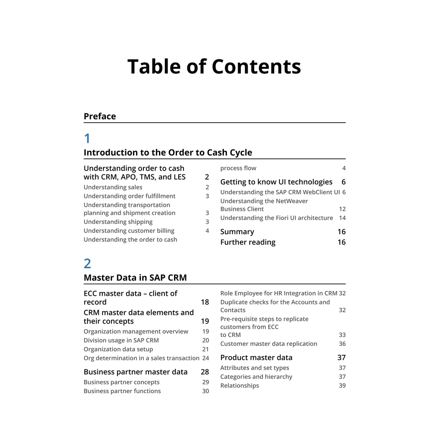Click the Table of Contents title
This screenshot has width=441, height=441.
click(214, 67)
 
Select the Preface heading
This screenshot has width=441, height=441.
click(99, 116)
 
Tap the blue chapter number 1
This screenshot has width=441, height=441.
click(87, 139)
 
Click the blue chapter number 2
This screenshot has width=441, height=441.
click(87, 264)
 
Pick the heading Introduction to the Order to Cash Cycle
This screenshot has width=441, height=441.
click(168, 152)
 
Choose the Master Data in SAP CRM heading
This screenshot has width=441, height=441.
click(135, 278)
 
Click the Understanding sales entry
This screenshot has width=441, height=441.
click(113, 187)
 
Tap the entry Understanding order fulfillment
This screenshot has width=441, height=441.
click(129, 196)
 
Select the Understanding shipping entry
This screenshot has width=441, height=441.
click(118, 222)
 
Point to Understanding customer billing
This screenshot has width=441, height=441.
click(129, 231)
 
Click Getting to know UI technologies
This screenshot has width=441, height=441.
click(276, 182)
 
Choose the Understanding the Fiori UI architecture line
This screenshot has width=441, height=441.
click(276, 218)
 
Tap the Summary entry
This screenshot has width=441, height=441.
click(237, 232)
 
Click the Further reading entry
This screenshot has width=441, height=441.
click(248, 242)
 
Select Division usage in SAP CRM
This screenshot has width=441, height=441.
click(121, 340)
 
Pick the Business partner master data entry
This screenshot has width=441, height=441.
click(135, 372)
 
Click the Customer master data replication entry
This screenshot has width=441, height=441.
click(268, 344)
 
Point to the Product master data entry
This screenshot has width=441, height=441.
click(256, 357)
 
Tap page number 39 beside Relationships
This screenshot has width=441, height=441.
click(342, 385)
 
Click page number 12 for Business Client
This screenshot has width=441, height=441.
click(342, 209)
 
